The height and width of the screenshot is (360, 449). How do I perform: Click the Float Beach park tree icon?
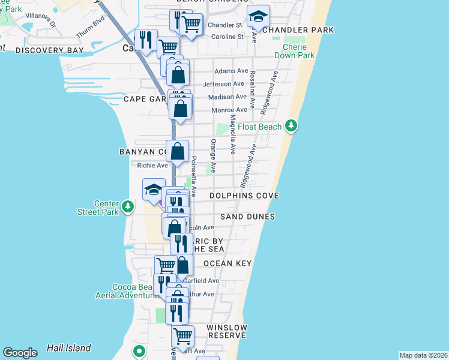pyautogui.click(x=291, y=126)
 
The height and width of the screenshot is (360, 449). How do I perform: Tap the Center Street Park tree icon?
pyautogui.click(x=128, y=207)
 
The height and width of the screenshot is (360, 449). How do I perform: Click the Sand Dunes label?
pyautogui.click(x=247, y=217)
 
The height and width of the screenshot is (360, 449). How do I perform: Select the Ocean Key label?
pyautogui.click(x=227, y=263)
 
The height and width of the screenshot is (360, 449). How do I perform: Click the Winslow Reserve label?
pyautogui.click(x=226, y=331)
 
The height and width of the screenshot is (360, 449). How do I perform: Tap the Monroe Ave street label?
pyautogui.click(x=229, y=110)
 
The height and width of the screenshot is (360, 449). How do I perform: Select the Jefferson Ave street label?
pyautogui.click(x=224, y=84)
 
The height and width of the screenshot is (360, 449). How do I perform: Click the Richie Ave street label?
pyautogui.click(x=152, y=166)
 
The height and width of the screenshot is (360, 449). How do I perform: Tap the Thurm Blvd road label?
pyautogui.click(x=90, y=35)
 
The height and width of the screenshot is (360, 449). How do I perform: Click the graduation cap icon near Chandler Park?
pyautogui.click(x=258, y=16)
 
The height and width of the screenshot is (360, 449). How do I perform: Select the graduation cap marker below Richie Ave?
pyautogui.click(x=154, y=190)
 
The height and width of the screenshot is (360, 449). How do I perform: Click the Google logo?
pyautogui.click(x=20, y=353)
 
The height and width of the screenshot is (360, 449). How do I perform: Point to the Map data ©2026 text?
pyautogui.click(x=423, y=355)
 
